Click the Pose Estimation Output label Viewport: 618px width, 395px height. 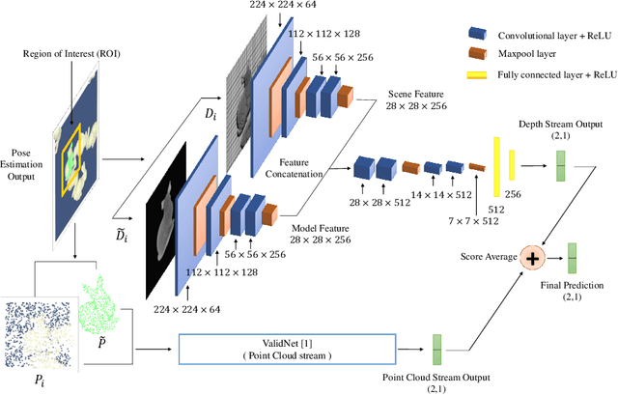(21, 165)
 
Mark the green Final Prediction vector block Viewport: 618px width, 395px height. (574, 257)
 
